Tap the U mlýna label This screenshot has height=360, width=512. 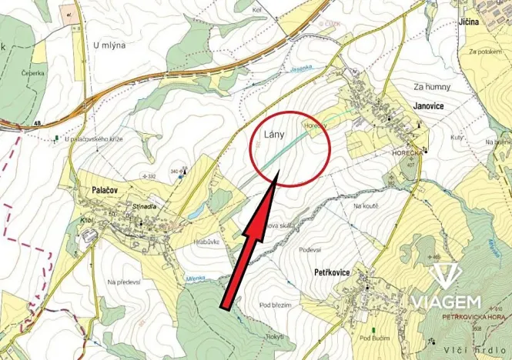point(109,45)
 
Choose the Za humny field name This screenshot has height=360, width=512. point(431,86)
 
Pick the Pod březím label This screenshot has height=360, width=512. point(276,305)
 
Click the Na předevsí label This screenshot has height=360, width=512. point(126,282)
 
